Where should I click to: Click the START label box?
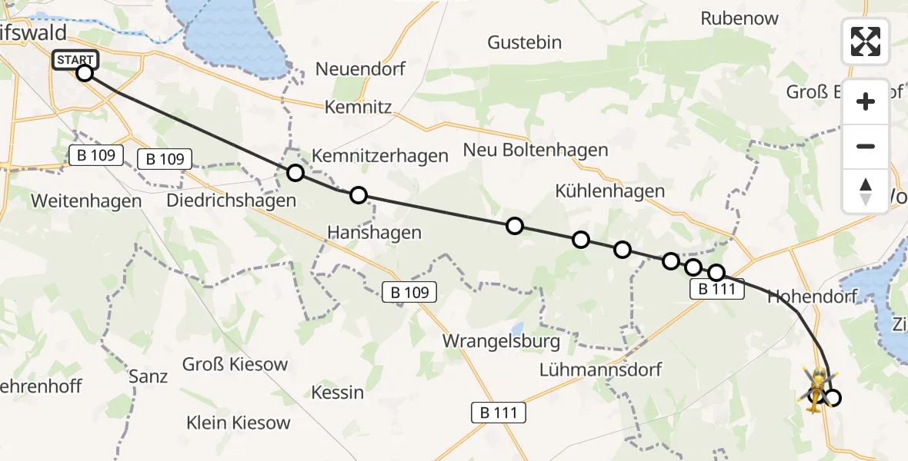75,60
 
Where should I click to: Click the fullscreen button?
866,41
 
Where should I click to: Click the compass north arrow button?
866,191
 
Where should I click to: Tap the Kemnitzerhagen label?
379,156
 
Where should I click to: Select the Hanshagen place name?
374,232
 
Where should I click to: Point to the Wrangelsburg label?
501,340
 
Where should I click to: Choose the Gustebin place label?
525,42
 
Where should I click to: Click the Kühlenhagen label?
610,191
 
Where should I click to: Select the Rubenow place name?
739,18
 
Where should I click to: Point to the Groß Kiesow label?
235,363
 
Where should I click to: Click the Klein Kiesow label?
239,422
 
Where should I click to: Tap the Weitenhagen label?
86,201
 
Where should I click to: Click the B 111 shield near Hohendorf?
718,290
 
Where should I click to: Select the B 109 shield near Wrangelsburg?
410,292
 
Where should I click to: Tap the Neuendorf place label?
360,69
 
